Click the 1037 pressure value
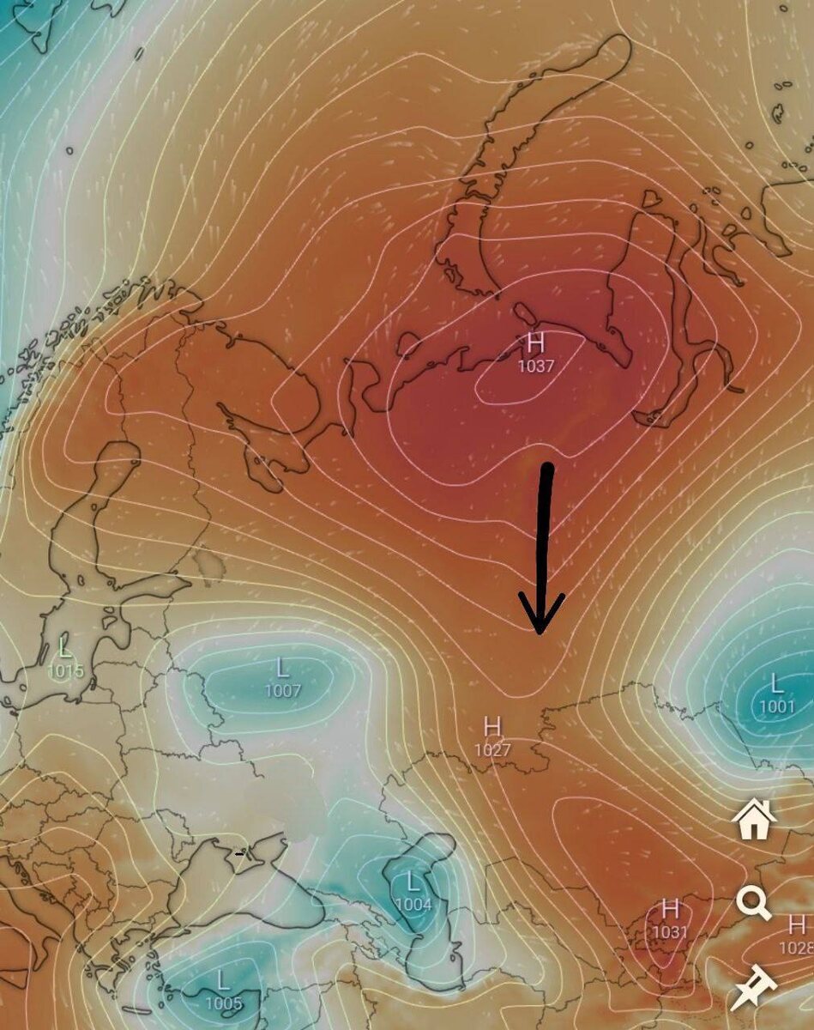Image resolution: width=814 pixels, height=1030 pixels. (536, 366)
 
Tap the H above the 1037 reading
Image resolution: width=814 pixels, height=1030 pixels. (536, 344)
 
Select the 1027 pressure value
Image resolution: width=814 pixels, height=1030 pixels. (492, 749)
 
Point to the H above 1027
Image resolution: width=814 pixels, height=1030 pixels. (492, 727)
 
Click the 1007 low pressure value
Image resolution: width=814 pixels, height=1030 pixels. (282, 690)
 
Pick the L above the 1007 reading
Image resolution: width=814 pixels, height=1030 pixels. (282, 668)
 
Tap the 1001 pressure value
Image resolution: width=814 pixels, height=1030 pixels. (776, 706)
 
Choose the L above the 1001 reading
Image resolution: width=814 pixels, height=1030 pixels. (776, 684)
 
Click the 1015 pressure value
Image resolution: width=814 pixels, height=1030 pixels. (66, 670)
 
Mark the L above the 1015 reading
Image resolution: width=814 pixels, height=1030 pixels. (65, 646)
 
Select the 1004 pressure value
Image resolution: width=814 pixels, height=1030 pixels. (413, 904)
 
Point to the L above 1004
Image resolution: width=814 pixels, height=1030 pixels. (413, 882)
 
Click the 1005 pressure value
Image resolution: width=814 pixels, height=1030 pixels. (223, 1003)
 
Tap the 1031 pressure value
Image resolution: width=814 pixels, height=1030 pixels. (671, 931)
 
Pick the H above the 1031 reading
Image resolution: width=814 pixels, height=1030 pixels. (671, 908)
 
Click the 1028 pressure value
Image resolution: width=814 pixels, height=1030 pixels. (797, 948)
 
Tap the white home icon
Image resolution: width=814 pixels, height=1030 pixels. (754, 820)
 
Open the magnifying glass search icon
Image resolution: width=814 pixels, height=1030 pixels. (753, 902)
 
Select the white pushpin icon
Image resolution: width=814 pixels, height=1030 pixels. (753, 986)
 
